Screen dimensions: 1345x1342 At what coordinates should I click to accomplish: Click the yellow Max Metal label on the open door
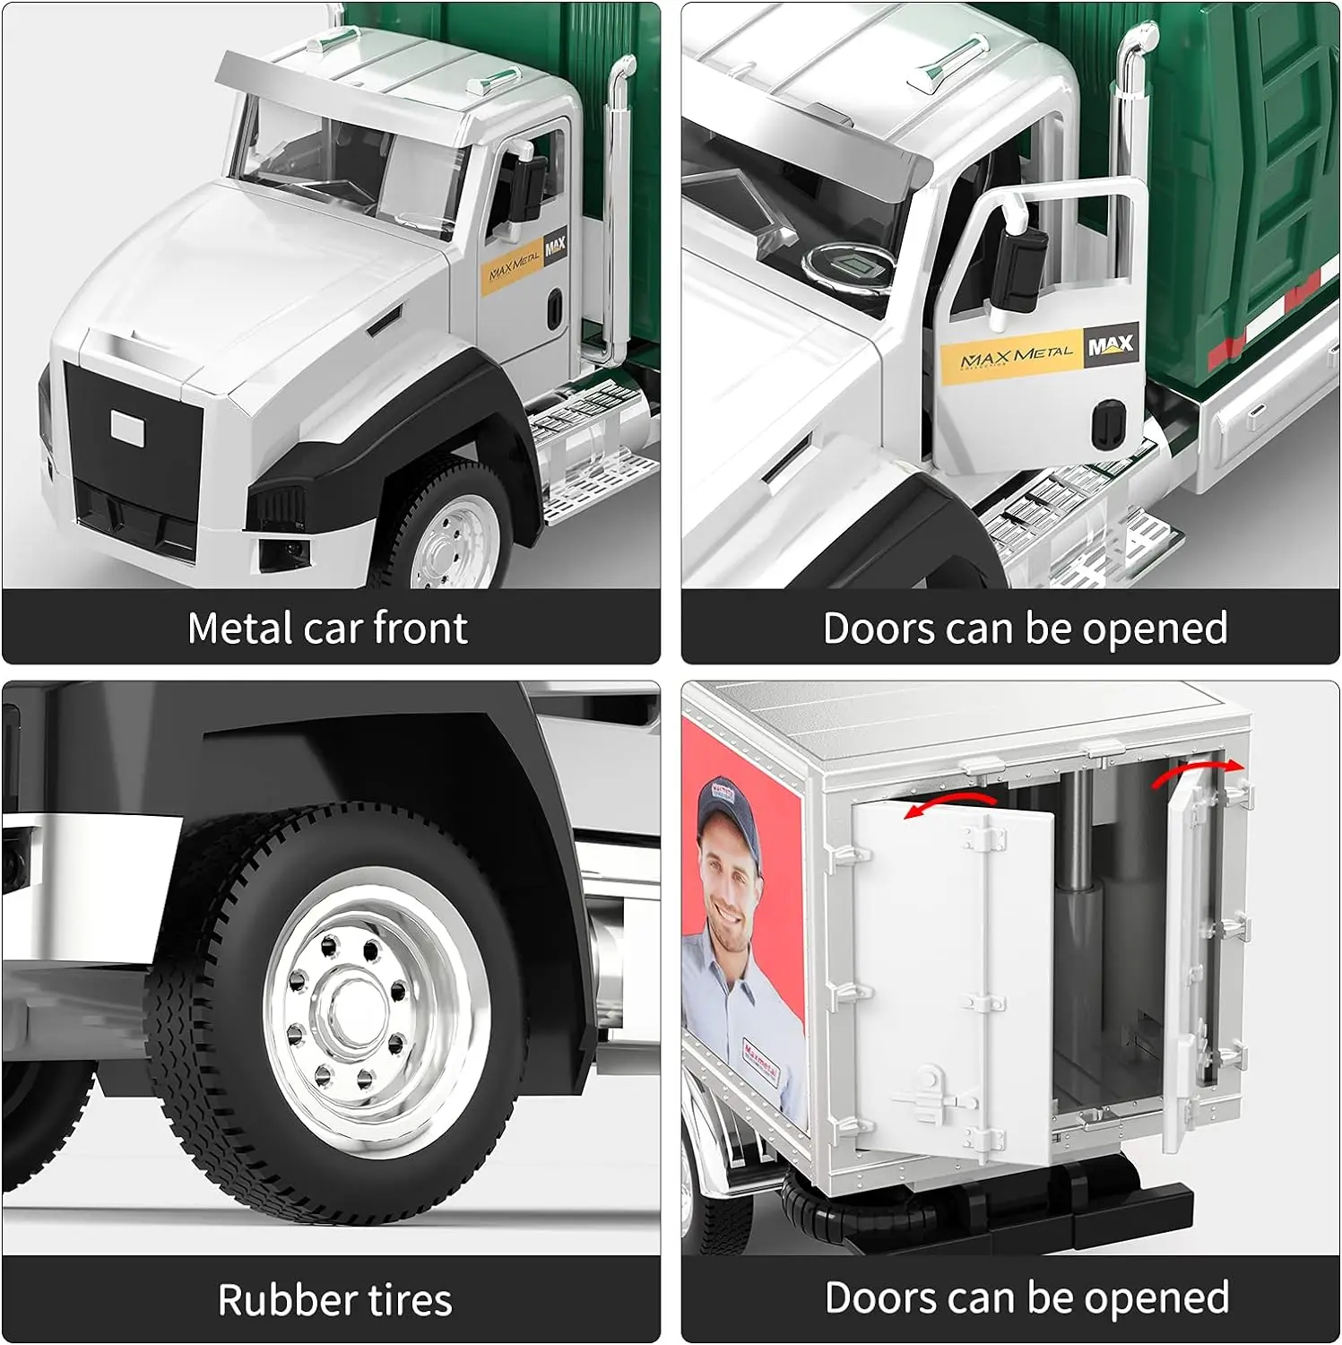click(x=1015, y=357)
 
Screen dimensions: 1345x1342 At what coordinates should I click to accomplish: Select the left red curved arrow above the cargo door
click(x=950, y=801)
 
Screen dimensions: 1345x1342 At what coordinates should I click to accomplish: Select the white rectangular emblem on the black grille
click(x=127, y=426)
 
